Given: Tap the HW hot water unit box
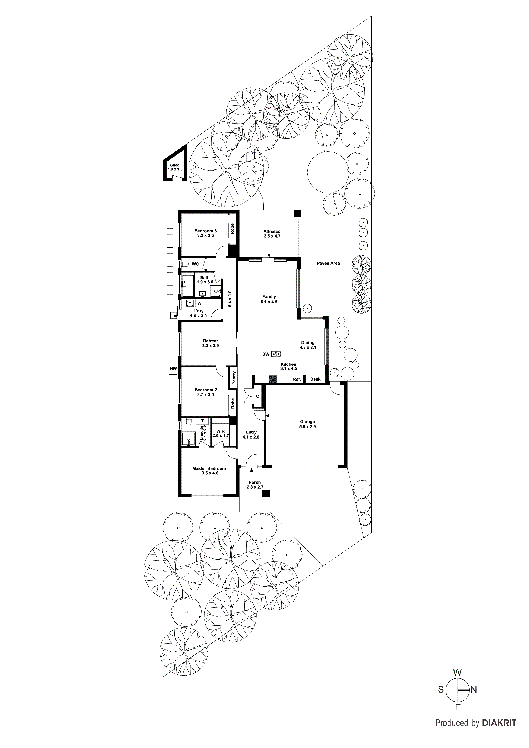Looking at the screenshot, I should coord(173,369).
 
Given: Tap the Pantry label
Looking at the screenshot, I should coord(234,378).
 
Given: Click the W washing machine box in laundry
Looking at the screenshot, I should coord(199,303).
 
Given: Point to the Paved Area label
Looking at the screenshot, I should coord(328,263).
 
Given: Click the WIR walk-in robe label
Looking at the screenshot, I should coord(220,431).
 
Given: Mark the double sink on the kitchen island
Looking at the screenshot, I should coord(276,354).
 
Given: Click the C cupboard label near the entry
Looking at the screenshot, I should coord(257,396).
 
